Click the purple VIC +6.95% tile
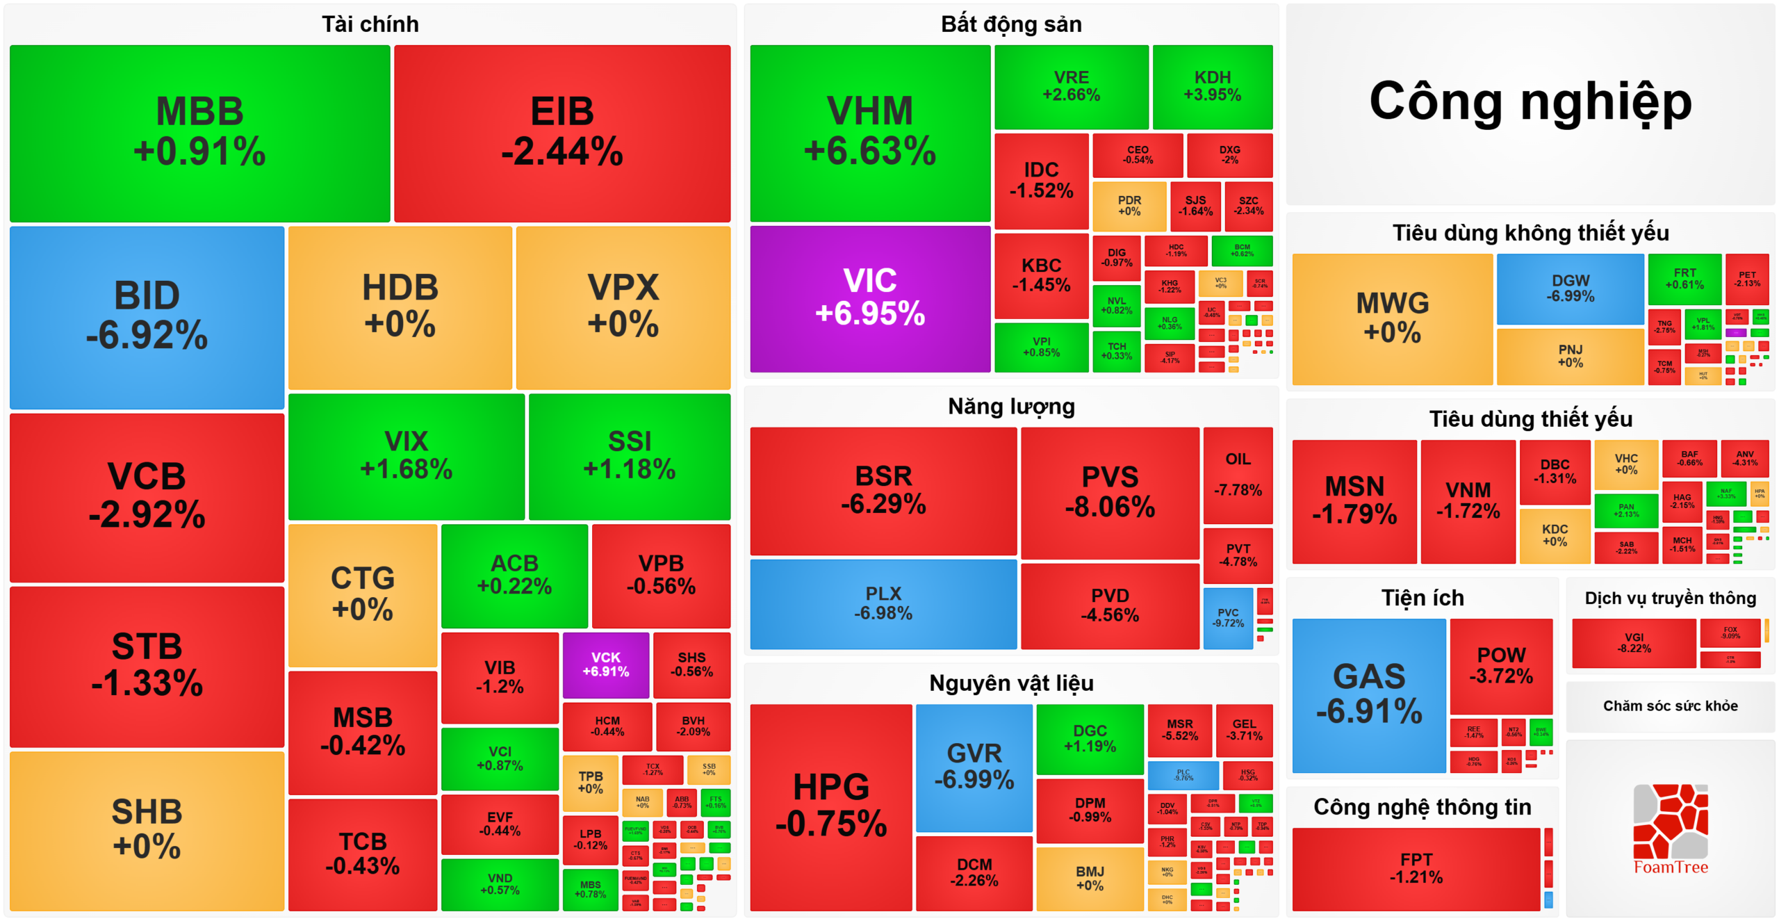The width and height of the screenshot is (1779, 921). pos(870,298)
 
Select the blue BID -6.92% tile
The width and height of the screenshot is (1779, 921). pos(147,317)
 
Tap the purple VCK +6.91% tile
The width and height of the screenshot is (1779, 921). pos(605,665)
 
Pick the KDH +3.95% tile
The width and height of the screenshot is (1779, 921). pos(1212,86)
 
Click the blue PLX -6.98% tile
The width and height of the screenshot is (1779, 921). pos(883,603)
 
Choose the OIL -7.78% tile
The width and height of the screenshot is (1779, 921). pos(1238,475)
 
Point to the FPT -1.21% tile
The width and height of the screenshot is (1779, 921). pos(1416,868)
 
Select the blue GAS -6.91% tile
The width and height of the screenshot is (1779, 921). pos(1368,694)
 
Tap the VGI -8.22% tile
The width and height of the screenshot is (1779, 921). pos(1633,643)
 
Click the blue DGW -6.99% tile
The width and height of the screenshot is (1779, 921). pos(1570,288)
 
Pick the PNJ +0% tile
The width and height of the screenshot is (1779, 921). pos(1570,356)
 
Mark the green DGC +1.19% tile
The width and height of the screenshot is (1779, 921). pos(1089,738)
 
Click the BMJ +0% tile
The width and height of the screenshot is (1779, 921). pos(1089,878)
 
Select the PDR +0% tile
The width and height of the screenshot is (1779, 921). pos(1129,206)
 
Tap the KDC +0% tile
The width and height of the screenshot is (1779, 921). pos(1554,535)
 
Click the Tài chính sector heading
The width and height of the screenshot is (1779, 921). pos(370,24)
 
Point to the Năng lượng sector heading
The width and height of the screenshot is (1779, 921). pos(1010,406)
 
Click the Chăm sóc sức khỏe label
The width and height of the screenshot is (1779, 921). pos(1670,706)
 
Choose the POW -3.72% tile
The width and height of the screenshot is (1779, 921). pos(1500,665)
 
